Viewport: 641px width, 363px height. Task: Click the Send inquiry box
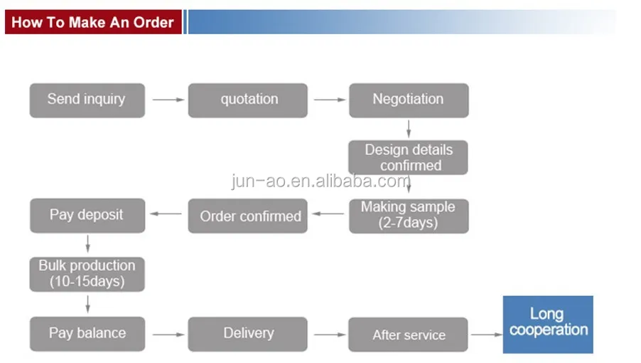[87, 100]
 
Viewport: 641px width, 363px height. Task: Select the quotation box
[248, 100]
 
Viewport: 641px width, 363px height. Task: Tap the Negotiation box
[408, 100]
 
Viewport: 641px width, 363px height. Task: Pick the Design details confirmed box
[408, 157]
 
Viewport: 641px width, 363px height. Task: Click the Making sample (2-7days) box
[408, 216]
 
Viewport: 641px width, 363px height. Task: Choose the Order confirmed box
[248, 216]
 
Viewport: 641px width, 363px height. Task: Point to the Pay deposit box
[87, 215]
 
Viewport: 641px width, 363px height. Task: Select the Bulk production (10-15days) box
[87, 274]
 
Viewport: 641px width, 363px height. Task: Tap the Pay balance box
[87, 333]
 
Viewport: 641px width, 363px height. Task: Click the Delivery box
[248, 333]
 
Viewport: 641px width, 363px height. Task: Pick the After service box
[408, 335]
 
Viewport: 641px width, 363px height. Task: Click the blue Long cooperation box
[548, 325]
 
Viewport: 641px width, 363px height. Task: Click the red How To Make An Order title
[92, 22]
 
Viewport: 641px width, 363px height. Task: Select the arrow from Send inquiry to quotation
[168, 100]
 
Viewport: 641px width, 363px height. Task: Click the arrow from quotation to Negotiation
[329, 100]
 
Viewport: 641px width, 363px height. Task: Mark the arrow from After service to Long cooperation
[486, 334]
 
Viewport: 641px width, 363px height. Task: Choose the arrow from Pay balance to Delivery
[168, 333]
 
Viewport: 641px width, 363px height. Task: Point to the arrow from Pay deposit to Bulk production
[87, 243]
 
